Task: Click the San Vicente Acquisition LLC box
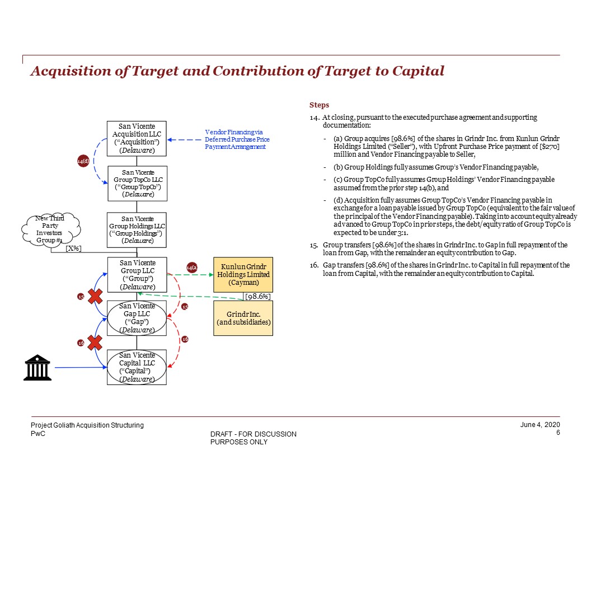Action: point(137,139)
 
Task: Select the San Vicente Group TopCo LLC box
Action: point(137,183)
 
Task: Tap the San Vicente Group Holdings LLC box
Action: point(137,229)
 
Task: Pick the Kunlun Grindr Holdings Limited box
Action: point(243,274)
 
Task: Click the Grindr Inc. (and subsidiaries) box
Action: point(243,318)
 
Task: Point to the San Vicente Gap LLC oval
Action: point(137,318)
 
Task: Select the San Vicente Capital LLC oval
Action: point(137,367)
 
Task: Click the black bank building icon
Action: point(37,367)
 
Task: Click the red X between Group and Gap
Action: point(96,296)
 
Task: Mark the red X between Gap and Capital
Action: point(96,342)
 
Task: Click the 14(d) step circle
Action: point(83,162)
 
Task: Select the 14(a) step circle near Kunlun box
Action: point(192,268)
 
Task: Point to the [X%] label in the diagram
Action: point(73,248)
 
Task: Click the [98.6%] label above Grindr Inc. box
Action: point(258,296)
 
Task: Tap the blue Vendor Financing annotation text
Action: point(237,139)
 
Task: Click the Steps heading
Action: point(319,105)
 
